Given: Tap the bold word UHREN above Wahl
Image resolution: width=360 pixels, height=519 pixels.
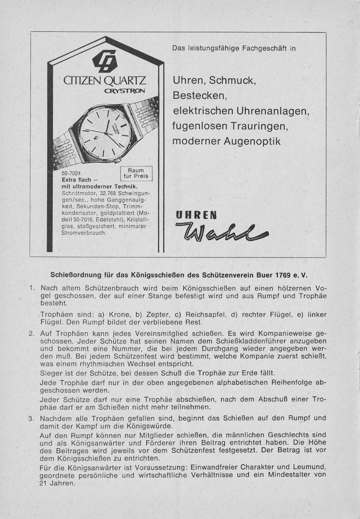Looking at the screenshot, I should [x=196, y=216].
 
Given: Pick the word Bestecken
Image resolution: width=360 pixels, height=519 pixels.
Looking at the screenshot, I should [x=200, y=96].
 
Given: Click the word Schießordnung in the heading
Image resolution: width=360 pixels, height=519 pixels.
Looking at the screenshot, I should [x=76, y=274].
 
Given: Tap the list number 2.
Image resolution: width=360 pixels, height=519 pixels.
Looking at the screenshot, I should [x=31, y=334].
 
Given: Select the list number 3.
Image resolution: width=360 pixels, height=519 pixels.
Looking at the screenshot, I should [x=31, y=418].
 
